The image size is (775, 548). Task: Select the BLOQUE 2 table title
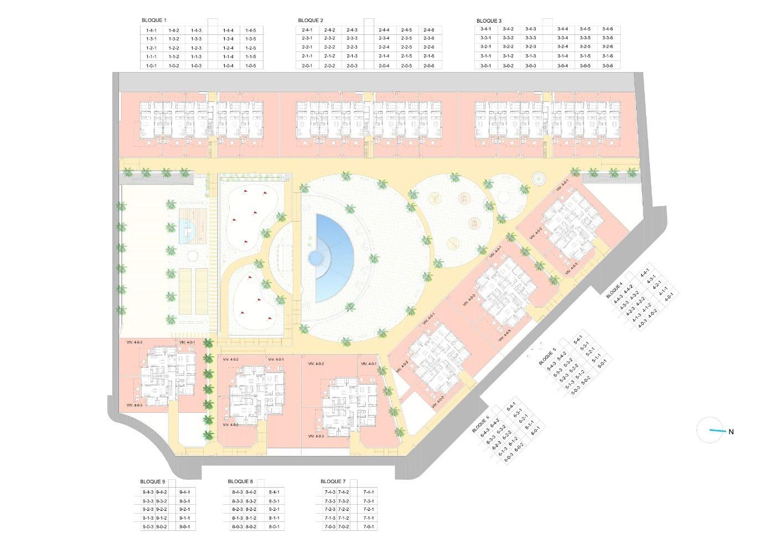click(x=311, y=21)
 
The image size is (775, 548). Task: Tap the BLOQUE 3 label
click(x=489, y=21)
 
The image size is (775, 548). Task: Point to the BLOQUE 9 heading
click(x=153, y=482)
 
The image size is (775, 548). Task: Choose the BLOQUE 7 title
click(x=333, y=482)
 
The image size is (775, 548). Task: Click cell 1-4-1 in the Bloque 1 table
click(x=151, y=30)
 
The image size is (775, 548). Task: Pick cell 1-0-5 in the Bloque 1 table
click(x=250, y=66)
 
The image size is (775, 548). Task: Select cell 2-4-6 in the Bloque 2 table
click(x=428, y=30)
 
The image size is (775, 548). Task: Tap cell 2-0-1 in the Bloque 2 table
click(x=307, y=66)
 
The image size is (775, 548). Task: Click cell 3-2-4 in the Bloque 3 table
click(x=563, y=47)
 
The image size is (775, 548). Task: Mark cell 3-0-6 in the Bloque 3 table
click(x=608, y=66)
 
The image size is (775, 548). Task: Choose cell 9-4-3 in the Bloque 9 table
click(x=148, y=492)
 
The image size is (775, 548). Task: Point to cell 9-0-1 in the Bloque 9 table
click(x=185, y=527)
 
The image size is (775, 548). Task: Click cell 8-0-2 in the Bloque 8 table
click(x=251, y=527)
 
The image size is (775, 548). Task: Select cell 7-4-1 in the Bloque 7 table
click(x=369, y=492)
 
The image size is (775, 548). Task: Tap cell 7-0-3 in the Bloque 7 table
click(x=330, y=527)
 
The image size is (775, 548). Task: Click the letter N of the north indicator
click(x=731, y=432)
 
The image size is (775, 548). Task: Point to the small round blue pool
click(x=316, y=258)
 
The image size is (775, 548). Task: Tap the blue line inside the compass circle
click(x=717, y=431)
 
